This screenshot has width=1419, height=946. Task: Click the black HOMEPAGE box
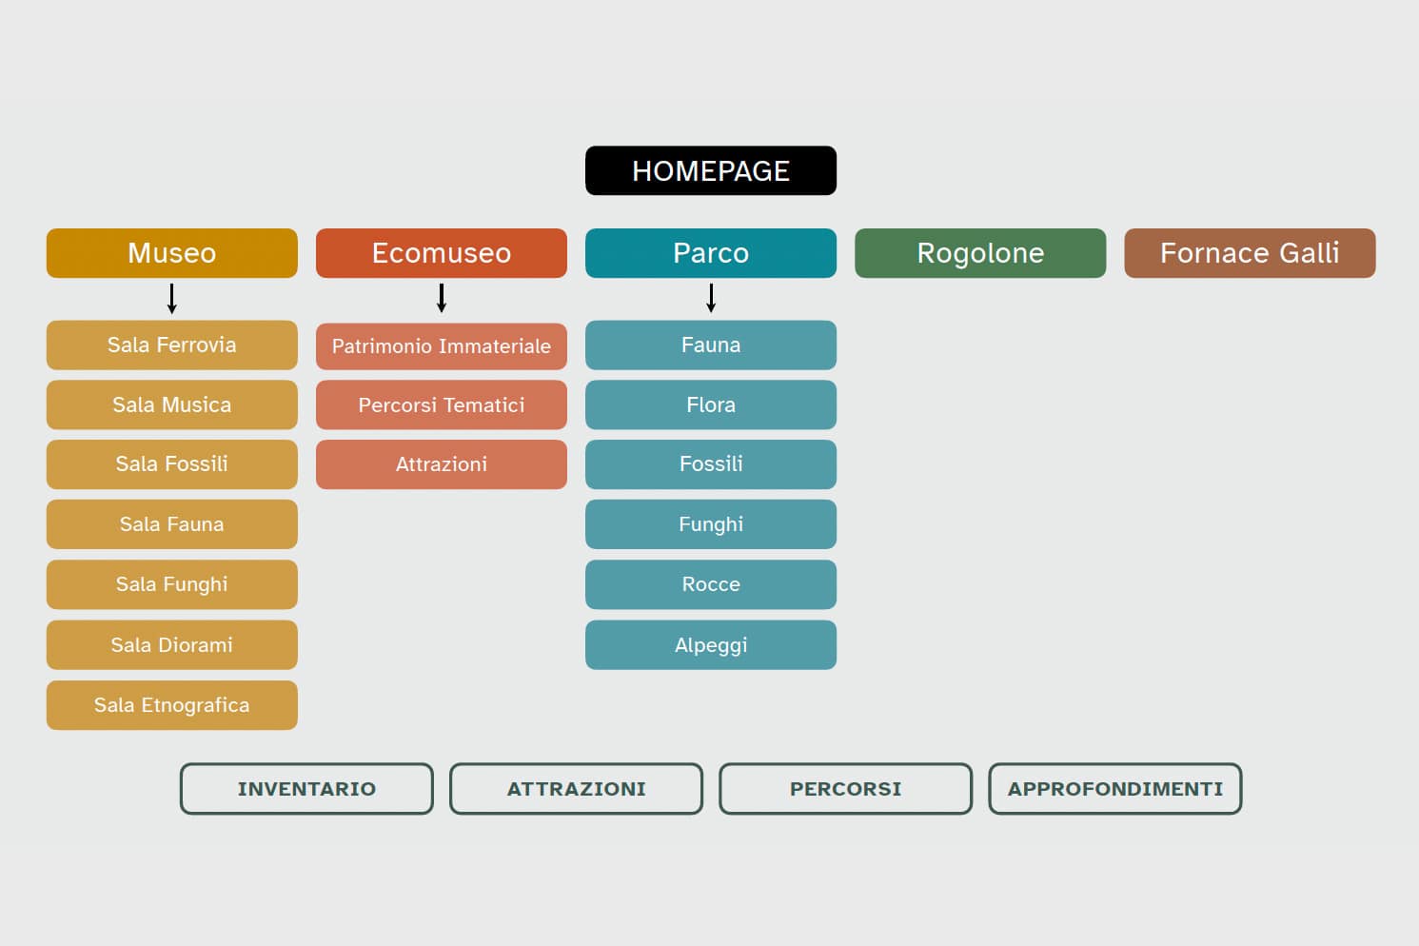coord(710,170)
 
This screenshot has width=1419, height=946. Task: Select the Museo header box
coord(171,253)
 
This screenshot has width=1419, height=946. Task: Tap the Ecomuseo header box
coord(441,253)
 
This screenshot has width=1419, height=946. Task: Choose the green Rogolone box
coord(979,253)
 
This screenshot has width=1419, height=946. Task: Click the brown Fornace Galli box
coord(1249,253)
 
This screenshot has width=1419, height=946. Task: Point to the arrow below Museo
coord(172,299)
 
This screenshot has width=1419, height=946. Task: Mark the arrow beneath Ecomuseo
coord(442,299)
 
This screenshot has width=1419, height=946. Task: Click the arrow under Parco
coord(711,299)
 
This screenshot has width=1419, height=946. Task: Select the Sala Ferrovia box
coord(171,345)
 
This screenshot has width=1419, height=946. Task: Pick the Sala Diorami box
coord(171,644)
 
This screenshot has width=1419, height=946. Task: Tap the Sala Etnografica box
coord(171,705)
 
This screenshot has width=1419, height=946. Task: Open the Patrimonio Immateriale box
coord(441,345)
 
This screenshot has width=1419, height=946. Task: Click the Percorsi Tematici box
coord(441,404)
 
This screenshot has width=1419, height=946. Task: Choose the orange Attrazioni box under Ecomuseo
coord(441,464)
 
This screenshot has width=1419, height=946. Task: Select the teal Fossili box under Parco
coord(710,464)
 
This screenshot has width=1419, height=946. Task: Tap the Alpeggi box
coord(710,644)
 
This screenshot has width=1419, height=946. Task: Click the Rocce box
coord(710,584)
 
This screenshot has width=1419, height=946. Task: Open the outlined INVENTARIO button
coord(306,789)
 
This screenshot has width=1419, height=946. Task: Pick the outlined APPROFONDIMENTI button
coord(1114,789)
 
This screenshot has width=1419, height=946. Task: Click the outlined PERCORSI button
coord(845,789)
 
